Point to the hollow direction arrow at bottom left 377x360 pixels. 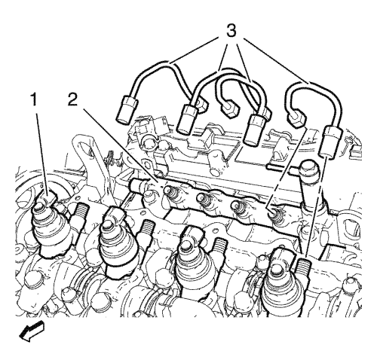tap(31, 331)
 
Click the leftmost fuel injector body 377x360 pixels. tap(51, 226)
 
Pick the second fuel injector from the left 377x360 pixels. tap(118, 242)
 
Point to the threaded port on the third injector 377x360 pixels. tap(220, 245)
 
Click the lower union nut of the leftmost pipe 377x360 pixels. tap(126, 110)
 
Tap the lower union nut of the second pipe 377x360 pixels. tap(187, 119)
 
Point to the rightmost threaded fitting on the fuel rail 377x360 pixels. tap(276, 214)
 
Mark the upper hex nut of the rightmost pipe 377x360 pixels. tap(296, 119)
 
